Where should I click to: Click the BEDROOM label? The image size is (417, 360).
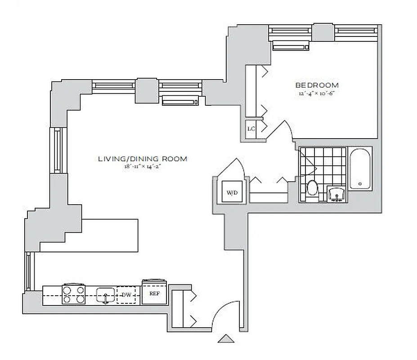317,85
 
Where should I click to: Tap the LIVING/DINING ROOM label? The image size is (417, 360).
143,159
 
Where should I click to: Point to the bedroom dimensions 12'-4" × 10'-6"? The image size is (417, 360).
317,94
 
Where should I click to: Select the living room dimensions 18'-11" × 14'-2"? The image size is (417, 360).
143,167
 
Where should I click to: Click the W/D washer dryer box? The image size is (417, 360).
232,193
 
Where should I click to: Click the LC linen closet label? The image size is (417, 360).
251,129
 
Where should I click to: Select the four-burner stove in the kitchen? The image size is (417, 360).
74,294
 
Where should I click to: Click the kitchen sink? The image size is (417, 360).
105,295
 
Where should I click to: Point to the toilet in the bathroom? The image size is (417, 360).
312,188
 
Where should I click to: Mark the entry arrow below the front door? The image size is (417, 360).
226,338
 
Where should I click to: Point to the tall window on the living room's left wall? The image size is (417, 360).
58,150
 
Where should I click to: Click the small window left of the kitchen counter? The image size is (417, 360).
28,271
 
